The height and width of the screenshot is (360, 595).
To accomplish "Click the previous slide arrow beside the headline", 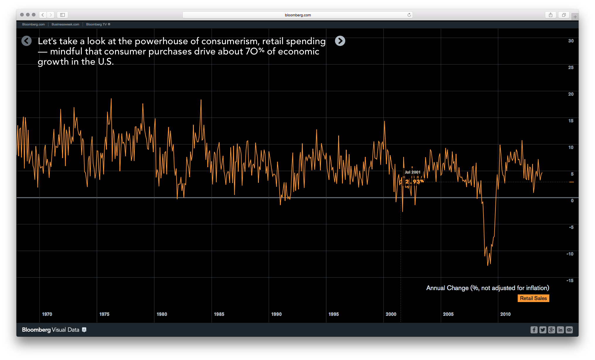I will [x=26, y=41].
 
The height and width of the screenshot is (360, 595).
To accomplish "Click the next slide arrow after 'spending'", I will [x=340, y=41].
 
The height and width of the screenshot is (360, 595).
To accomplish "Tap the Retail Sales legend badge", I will [x=533, y=298].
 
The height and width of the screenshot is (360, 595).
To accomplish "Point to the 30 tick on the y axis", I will [x=571, y=41].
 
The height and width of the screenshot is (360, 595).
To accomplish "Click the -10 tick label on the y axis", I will [x=570, y=254].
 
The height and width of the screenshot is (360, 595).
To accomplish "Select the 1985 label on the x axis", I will [x=219, y=314].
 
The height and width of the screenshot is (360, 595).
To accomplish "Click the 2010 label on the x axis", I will [x=505, y=314].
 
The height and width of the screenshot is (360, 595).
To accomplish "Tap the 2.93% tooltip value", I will [x=414, y=181].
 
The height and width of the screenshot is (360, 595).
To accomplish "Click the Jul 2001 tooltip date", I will [x=412, y=172].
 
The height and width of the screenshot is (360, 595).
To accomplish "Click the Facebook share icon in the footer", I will [x=534, y=330].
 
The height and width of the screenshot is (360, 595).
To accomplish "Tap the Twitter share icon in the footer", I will [x=543, y=330].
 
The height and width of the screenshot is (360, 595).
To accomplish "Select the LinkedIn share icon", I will [x=560, y=330].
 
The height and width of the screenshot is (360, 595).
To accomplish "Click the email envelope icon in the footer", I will [x=569, y=330].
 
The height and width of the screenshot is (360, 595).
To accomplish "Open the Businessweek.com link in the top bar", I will [x=65, y=24].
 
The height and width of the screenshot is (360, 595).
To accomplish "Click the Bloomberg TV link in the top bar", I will [x=96, y=24].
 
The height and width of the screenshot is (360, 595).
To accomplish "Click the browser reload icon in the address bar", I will [x=409, y=15].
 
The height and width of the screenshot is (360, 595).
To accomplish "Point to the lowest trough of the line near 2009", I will [x=488, y=265].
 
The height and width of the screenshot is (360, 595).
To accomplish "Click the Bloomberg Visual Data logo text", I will [x=51, y=330].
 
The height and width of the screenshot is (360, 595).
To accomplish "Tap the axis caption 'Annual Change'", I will [x=447, y=288].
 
